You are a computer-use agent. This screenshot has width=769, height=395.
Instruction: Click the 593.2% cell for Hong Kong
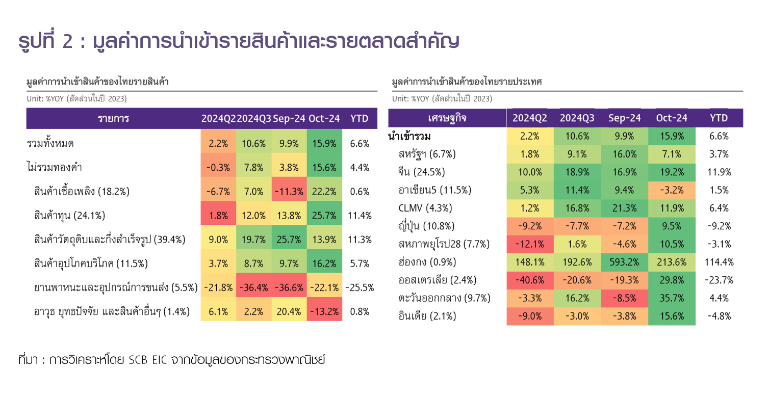coord(625,262)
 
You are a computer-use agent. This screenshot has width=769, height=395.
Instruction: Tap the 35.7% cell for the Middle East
coord(672,298)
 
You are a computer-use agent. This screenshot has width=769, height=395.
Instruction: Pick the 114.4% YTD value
coord(720,262)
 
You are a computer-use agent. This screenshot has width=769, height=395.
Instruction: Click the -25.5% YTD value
coord(360,287)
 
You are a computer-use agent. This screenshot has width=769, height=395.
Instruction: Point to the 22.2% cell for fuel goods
coord(324,192)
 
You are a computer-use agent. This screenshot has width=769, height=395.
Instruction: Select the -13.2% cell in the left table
coord(324,311)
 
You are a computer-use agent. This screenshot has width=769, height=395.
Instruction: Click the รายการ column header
coord(113,119)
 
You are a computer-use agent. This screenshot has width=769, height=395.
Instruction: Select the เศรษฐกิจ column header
coord(447,118)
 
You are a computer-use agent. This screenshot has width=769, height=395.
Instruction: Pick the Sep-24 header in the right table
coord(625,118)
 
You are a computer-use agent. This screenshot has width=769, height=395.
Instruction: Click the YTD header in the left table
coord(360,119)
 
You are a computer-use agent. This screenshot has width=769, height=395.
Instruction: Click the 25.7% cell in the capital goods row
coord(324,216)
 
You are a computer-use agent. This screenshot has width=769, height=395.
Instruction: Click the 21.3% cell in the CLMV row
coord(625,208)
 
